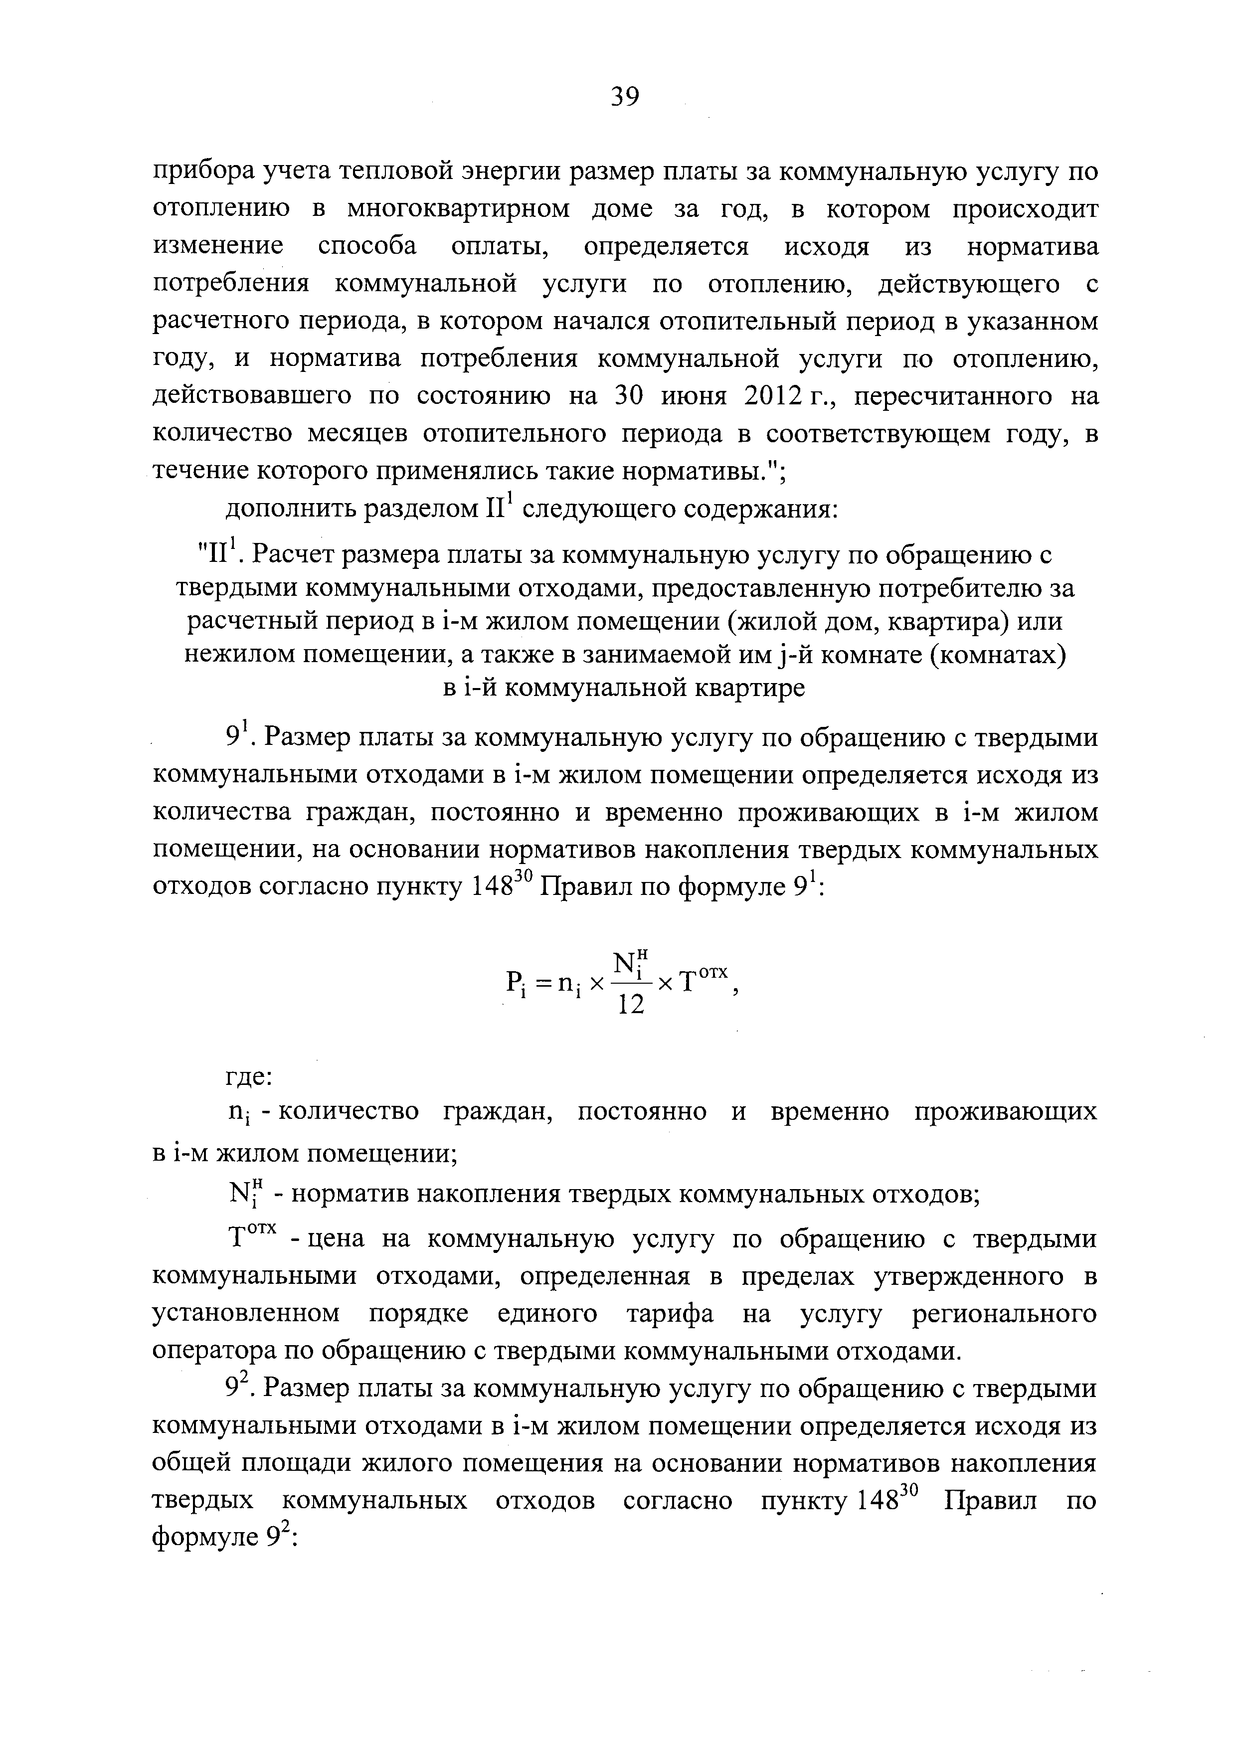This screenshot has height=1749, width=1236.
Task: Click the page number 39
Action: (x=625, y=97)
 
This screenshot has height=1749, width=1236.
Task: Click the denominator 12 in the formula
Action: (x=630, y=1006)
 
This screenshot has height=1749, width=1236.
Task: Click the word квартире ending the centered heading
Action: (x=750, y=688)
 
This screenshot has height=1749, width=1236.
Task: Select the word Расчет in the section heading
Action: (x=297, y=555)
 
